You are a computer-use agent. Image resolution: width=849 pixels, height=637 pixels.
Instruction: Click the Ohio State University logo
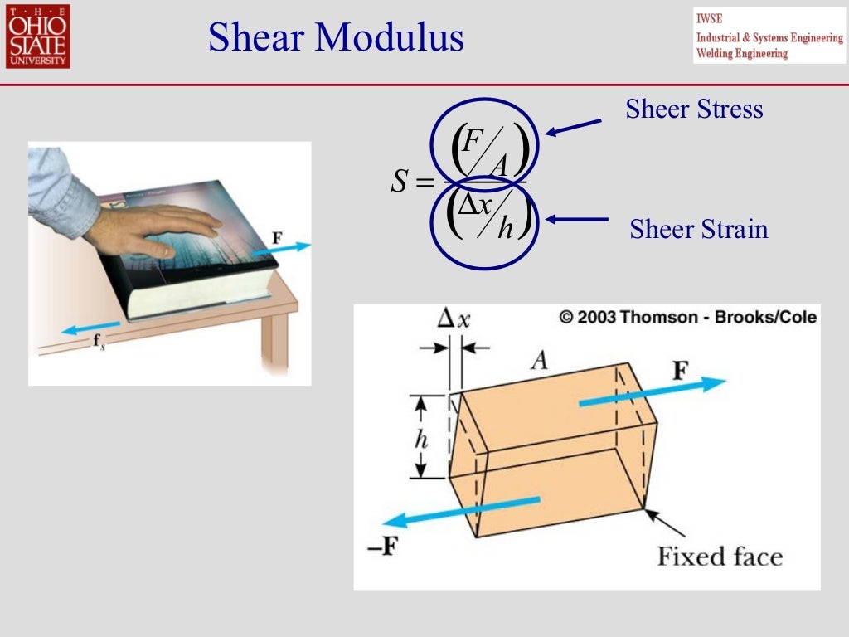[37, 36]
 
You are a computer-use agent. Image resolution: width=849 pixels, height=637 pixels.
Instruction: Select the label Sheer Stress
[694, 109]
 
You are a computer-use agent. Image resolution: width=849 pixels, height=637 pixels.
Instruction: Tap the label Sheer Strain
[698, 228]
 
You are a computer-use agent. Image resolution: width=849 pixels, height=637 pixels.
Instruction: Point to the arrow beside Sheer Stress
[574, 128]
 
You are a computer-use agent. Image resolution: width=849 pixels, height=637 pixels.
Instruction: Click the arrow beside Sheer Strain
[577, 220]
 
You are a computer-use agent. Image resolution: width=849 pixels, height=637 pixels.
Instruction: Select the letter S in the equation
[400, 182]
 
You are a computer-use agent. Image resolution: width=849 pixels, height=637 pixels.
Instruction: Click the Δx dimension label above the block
[453, 319]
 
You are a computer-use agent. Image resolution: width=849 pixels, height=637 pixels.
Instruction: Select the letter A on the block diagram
[540, 359]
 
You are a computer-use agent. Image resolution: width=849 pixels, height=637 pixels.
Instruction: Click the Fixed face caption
[719, 555]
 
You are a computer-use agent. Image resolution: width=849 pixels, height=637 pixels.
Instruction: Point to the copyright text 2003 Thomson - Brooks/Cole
[687, 317]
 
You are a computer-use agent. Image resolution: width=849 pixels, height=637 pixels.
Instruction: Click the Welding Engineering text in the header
[741, 53]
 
